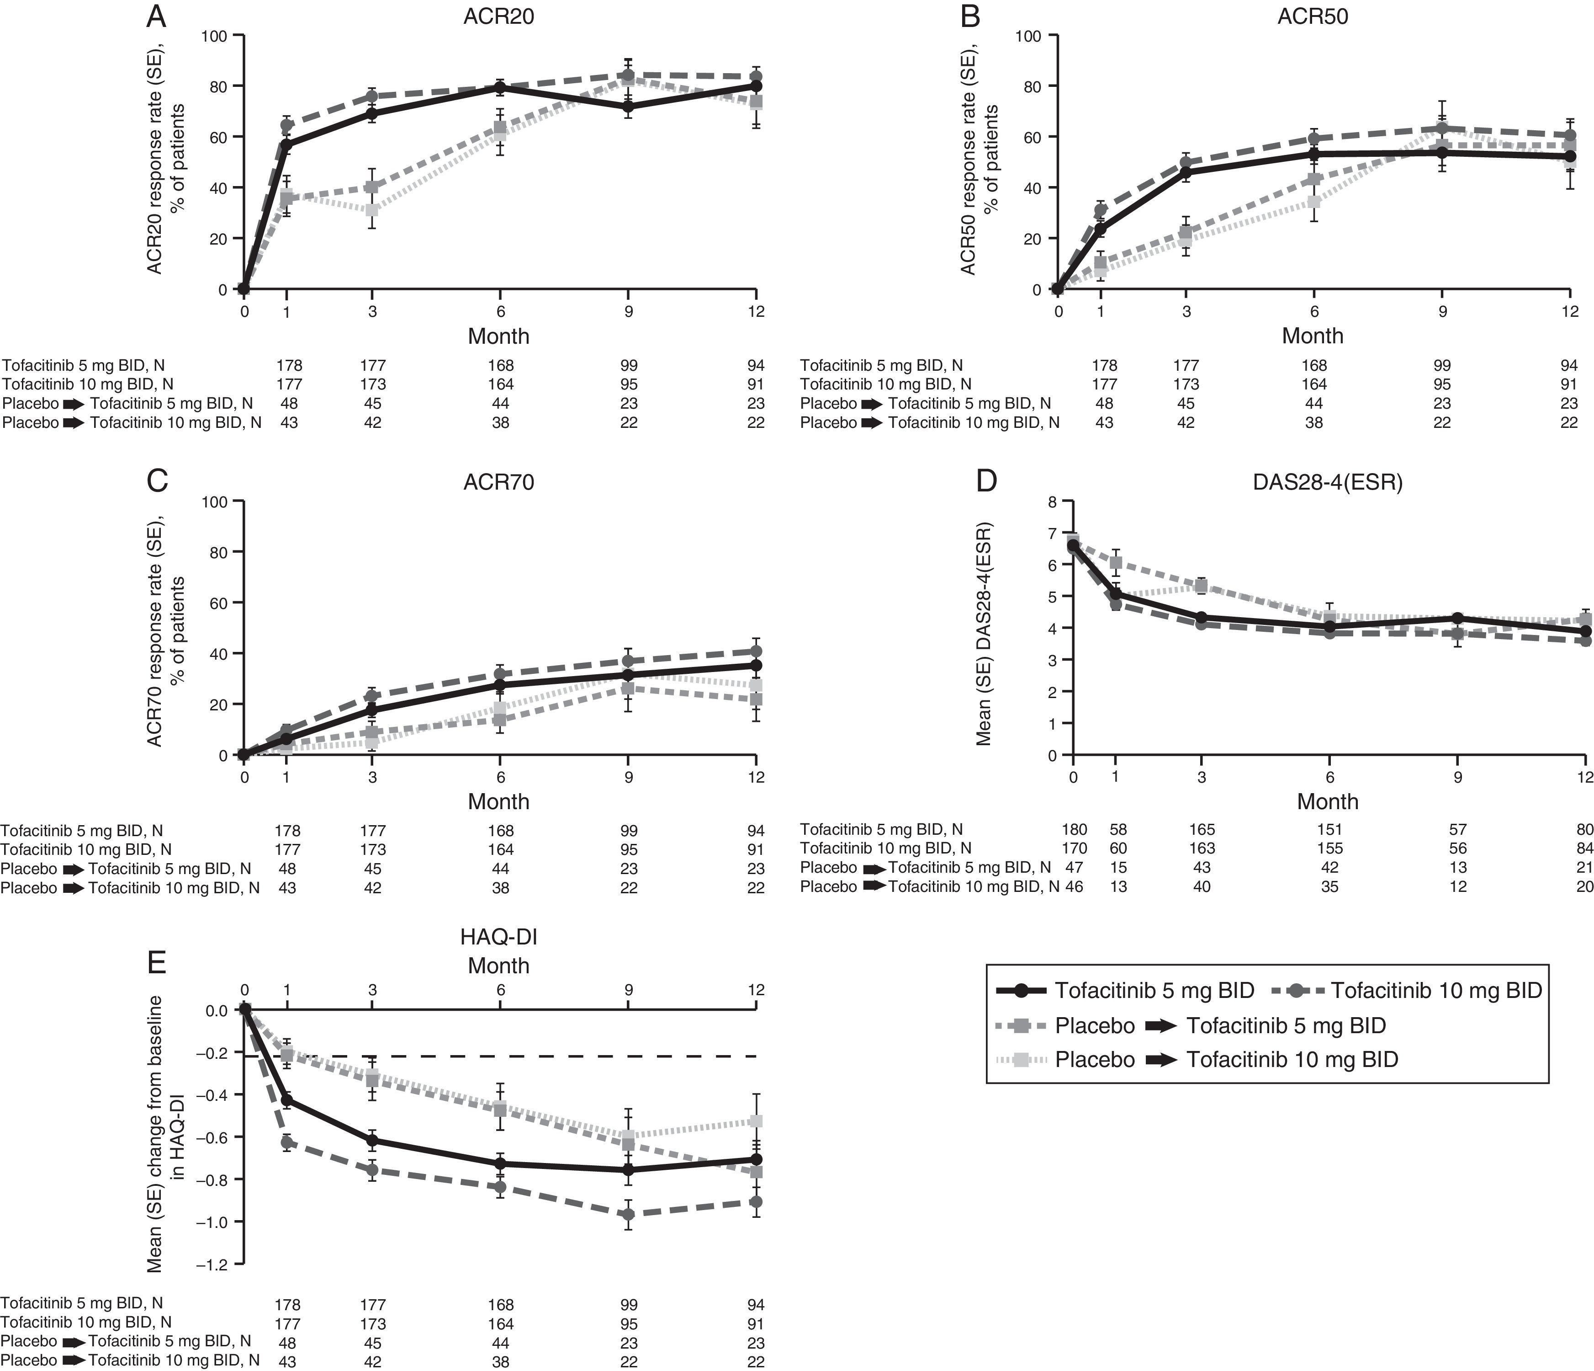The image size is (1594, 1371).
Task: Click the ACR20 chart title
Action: point(498,17)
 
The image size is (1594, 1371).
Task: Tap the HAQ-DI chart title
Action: point(498,937)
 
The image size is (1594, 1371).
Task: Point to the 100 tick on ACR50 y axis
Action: point(1028,35)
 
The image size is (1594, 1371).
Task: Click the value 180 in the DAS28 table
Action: point(1074,830)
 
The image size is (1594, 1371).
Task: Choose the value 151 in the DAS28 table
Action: point(1329,830)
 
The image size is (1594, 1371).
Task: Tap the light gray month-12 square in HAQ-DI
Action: point(756,1121)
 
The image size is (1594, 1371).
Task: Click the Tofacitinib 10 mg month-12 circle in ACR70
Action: point(756,651)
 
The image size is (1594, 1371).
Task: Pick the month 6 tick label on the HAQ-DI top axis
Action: point(500,990)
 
